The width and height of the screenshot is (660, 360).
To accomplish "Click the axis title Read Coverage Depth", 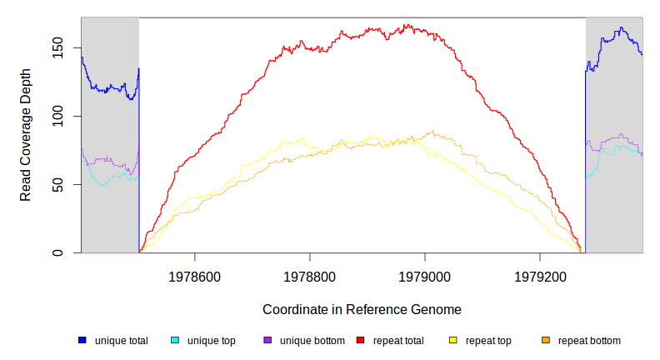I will tap(26, 147).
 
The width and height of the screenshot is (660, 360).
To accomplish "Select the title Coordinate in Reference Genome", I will tap(362, 309).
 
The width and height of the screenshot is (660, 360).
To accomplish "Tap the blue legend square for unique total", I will tap(82, 341).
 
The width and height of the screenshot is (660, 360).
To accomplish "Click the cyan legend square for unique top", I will tap(175, 341).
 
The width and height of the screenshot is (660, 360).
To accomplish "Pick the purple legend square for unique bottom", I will tap(267, 341).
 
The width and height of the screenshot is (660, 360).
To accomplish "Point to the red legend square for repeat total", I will tap(361, 341).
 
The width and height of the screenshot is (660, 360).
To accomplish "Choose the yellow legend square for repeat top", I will tap(453, 341).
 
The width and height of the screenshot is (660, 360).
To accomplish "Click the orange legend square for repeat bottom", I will tap(546, 341).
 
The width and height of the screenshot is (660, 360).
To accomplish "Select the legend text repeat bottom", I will tap(589, 341).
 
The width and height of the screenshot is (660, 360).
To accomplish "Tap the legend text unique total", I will tap(122, 341).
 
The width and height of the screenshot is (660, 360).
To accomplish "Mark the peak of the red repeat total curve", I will tap(407, 26).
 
